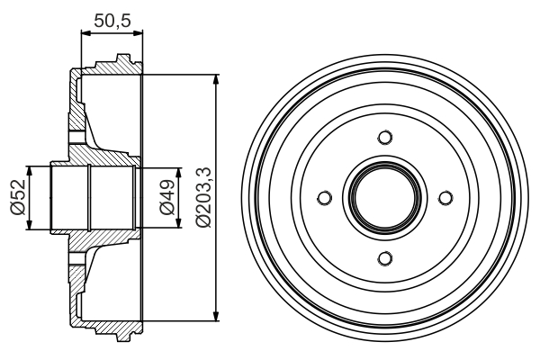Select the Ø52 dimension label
point(15,198)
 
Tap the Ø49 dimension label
point(166,198)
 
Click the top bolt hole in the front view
point(385,137)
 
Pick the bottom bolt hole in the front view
point(385,259)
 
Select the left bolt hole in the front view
point(324,198)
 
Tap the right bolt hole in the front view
point(445,198)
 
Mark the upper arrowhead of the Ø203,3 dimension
point(216,81)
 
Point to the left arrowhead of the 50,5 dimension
point(85,34)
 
